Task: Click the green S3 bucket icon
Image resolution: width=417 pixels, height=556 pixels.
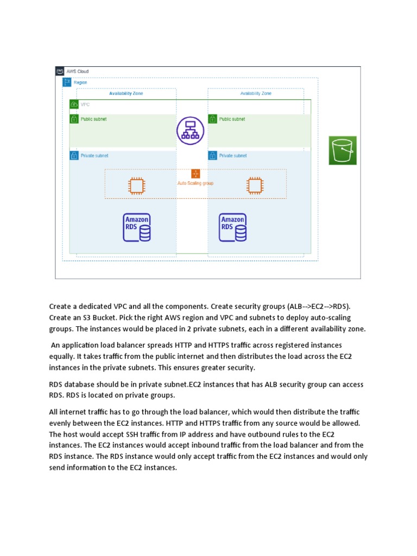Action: tap(343, 150)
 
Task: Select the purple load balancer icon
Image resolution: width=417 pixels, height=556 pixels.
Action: tap(190, 131)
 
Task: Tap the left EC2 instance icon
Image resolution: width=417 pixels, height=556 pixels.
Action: tap(136, 185)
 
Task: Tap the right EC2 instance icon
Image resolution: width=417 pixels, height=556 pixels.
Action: tap(254, 185)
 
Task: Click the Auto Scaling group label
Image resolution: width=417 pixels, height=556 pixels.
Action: tap(195, 184)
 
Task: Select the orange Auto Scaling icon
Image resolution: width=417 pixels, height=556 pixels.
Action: tap(195, 173)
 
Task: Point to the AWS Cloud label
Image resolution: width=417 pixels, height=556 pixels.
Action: tap(78, 72)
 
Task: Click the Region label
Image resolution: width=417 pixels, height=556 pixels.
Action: tap(80, 83)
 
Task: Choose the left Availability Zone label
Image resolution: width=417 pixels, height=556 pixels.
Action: tap(126, 93)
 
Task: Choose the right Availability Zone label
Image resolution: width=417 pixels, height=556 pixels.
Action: tap(256, 93)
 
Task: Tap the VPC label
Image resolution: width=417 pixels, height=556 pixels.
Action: tap(85, 104)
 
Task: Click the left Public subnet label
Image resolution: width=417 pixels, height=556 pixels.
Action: tap(93, 119)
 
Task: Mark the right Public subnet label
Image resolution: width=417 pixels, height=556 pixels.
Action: tap(231, 119)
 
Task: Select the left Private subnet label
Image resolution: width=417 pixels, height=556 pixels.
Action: tap(94, 156)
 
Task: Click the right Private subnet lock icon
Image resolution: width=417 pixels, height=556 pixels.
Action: tap(212, 156)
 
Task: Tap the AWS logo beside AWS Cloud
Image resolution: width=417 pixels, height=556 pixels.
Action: tap(60, 71)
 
